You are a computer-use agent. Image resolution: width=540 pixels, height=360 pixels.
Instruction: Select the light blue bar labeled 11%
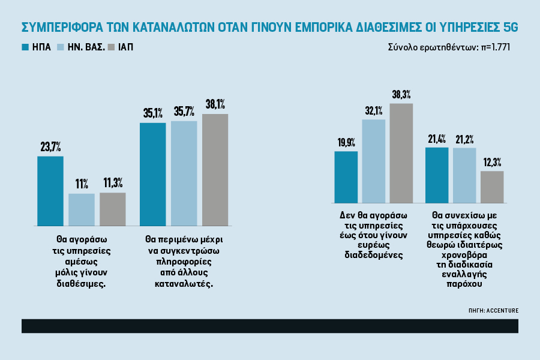click(82, 209)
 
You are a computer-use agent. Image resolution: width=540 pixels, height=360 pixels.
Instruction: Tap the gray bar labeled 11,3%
click(113, 208)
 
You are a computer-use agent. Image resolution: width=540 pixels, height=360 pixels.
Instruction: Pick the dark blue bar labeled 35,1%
click(152, 173)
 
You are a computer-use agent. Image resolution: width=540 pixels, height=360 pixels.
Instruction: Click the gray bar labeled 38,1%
click(215, 169)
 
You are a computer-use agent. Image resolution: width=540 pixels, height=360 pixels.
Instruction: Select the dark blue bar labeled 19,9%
click(346, 176)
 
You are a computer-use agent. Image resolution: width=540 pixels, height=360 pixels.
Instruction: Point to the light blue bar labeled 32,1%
click(374, 160)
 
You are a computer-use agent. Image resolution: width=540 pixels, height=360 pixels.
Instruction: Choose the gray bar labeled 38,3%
click(401, 152)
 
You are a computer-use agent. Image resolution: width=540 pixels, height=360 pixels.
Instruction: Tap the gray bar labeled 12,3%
click(492, 186)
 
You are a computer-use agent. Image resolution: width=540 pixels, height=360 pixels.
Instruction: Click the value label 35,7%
click(184, 112)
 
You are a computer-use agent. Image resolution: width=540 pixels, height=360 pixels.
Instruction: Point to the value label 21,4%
click(436, 139)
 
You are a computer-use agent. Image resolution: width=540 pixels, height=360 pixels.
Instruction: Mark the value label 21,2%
click(464, 140)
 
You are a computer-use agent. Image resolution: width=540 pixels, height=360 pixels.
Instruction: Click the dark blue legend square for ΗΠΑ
click(26, 47)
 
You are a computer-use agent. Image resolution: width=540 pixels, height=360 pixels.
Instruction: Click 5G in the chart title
click(509, 28)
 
